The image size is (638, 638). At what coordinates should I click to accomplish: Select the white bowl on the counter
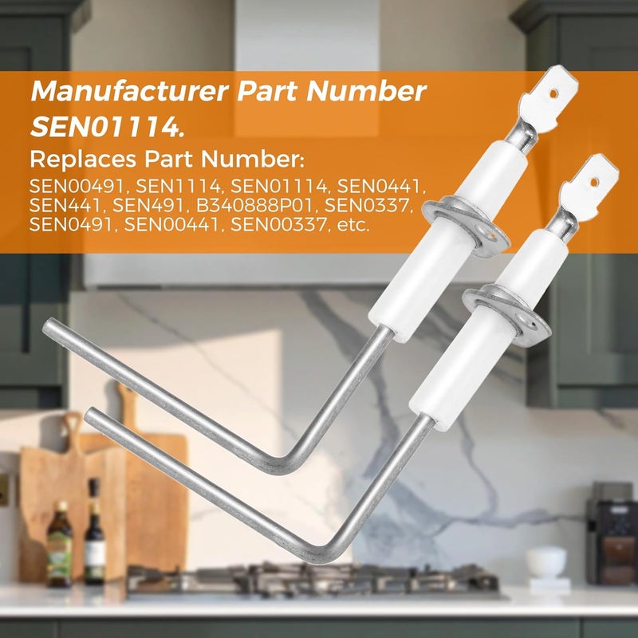tap(545, 561)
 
